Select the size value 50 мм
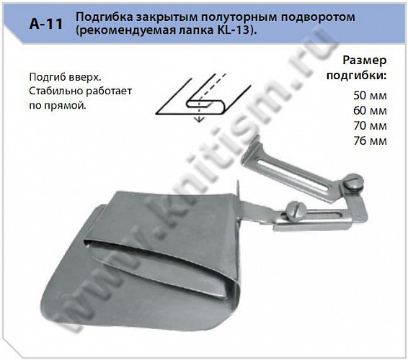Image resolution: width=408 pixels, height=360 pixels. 371,96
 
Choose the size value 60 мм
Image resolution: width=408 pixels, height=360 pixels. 371,110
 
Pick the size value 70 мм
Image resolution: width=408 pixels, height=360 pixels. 371,125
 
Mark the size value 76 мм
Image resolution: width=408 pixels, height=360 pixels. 371,140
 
